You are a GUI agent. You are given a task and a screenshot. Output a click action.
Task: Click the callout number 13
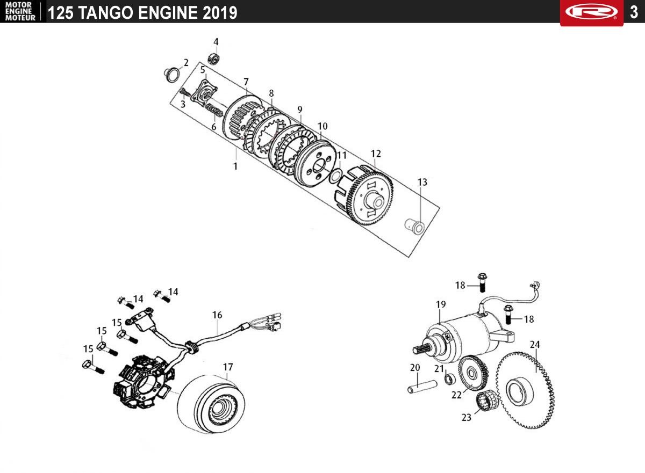(422, 183)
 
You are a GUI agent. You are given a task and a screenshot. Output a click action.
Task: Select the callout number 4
(216, 42)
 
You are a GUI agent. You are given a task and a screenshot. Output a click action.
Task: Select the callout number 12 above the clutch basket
(375, 154)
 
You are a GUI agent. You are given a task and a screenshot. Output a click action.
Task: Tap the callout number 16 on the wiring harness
(217, 315)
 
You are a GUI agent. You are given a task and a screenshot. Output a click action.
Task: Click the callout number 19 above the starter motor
(441, 304)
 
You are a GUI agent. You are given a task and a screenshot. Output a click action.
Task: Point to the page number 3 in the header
(634, 12)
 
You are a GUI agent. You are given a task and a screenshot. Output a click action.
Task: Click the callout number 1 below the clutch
(235, 166)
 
